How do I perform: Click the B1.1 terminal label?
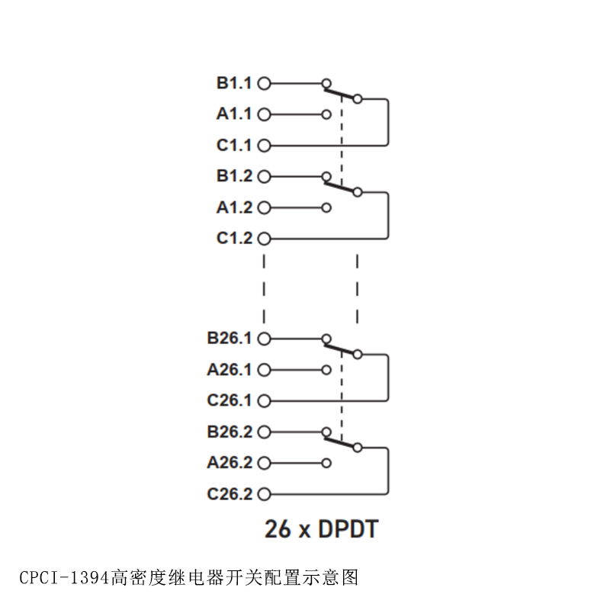(x=233, y=83)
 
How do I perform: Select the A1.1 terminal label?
(x=233, y=114)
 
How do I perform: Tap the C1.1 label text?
(x=233, y=145)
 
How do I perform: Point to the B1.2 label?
(x=233, y=176)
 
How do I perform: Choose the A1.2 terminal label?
(x=233, y=207)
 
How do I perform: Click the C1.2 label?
(x=233, y=239)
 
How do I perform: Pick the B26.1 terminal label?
(x=229, y=338)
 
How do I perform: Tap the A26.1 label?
(x=229, y=370)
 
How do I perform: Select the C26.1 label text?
(x=229, y=400)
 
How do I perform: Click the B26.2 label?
(x=229, y=432)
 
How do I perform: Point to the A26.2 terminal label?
(x=229, y=463)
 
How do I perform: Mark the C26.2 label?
(x=229, y=494)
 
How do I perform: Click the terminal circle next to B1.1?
(x=265, y=83)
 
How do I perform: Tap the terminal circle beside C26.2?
(x=265, y=494)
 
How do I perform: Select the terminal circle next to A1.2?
(x=265, y=207)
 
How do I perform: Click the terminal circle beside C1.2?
(x=265, y=239)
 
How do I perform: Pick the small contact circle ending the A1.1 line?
(x=327, y=115)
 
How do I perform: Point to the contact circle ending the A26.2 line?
(x=327, y=463)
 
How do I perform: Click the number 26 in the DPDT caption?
(x=278, y=529)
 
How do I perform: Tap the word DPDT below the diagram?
(x=346, y=529)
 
